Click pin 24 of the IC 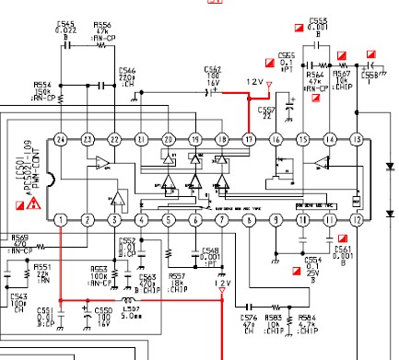click(x=60, y=139)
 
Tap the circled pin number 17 click(x=248, y=139)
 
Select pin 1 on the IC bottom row click(x=60, y=219)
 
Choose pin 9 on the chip click(x=275, y=219)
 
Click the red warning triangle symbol click(x=34, y=203)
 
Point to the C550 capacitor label click(x=103, y=311)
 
